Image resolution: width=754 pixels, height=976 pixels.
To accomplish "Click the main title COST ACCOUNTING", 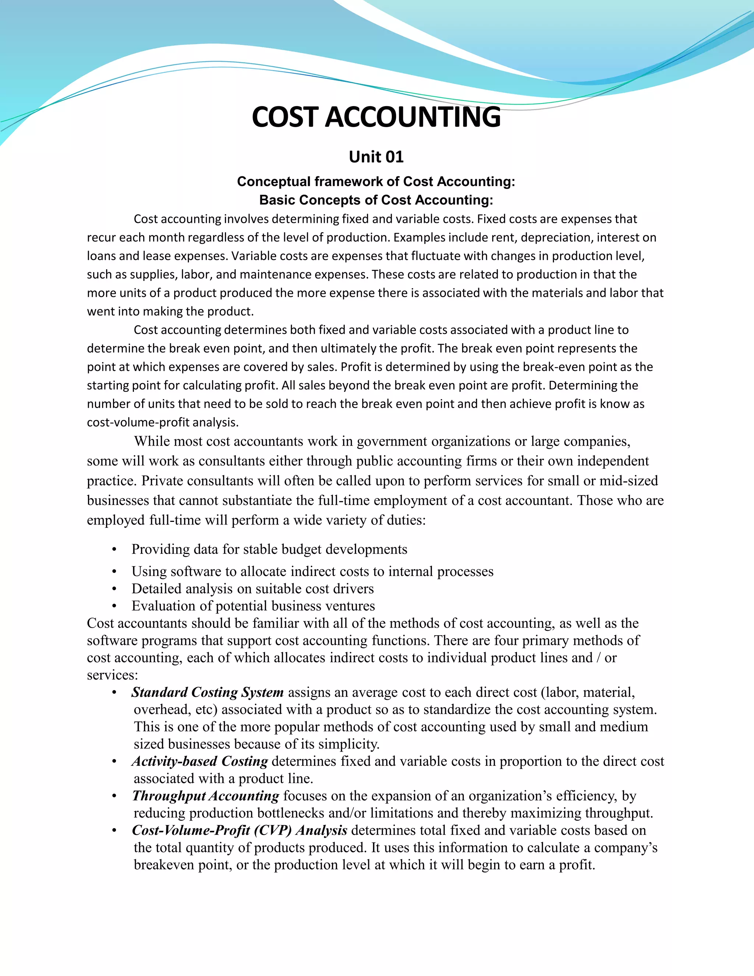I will (376, 117).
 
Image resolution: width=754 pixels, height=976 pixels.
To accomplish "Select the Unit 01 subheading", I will (376, 157).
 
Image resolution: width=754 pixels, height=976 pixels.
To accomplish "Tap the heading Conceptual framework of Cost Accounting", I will (376, 182).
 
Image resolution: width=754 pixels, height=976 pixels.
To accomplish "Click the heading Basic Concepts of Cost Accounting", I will (376, 200).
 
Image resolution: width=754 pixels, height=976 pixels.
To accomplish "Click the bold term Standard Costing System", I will (207, 692).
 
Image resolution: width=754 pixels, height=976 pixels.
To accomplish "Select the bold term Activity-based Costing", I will (200, 761).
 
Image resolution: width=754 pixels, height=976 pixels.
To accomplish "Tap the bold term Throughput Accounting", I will (205, 796).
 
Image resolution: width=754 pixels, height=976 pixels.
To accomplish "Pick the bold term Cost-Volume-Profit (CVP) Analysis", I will (239, 830).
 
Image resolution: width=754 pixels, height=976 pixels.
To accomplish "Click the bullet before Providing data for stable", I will (114, 550).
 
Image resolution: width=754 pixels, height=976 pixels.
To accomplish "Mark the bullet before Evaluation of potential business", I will (114, 607).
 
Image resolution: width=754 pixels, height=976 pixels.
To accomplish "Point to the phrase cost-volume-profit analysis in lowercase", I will (163, 422).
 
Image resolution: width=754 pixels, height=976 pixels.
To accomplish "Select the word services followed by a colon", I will (112, 675).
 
